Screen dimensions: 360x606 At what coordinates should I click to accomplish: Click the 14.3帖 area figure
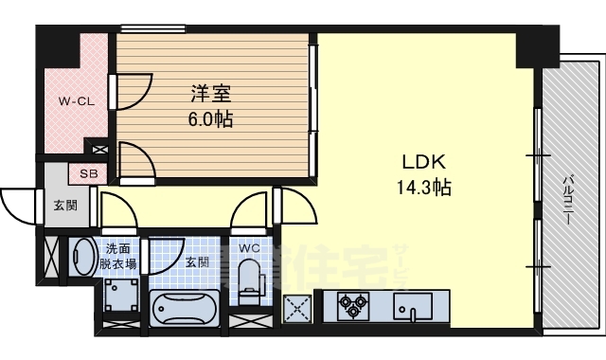point(423,187)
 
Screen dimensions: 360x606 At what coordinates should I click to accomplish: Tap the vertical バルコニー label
point(568,199)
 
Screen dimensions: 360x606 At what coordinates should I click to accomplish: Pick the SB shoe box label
point(87,174)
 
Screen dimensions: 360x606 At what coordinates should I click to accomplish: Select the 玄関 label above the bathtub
point(197,261)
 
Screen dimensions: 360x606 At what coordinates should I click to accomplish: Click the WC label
point(249,249)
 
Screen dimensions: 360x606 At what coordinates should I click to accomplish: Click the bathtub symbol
point(186,310)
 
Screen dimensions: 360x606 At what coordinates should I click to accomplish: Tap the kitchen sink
point(413,308)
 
